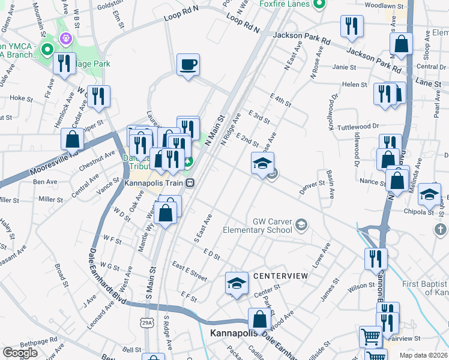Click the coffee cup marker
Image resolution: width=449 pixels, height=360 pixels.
coord(188,65)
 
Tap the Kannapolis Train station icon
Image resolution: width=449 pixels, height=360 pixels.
coord(190,182)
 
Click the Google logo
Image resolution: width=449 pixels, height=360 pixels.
coord(20,353)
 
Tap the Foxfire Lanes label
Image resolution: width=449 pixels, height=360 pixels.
coord(284,4)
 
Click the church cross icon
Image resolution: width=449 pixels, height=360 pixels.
coord(441,230)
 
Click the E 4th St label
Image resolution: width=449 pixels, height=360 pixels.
coord(280,100)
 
